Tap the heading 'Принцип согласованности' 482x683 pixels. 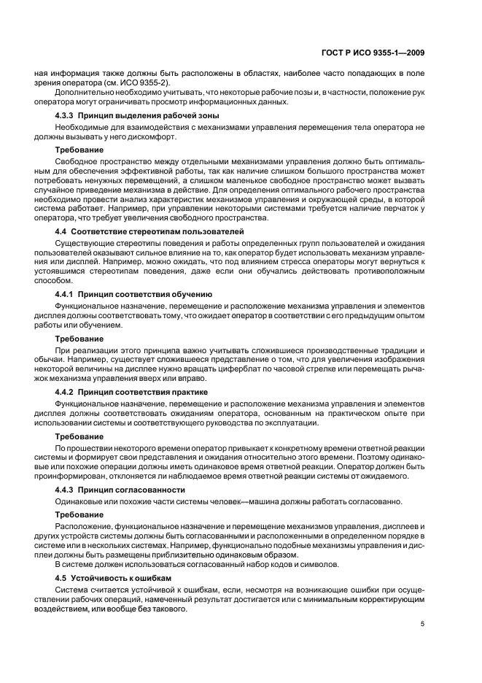pyautogui.click(x=131, y=490)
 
